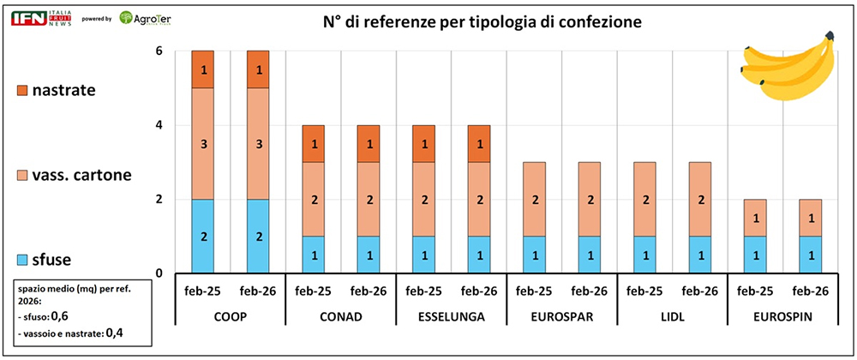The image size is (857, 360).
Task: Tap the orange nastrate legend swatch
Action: [23, 89]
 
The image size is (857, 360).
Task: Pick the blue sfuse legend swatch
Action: [23, 260]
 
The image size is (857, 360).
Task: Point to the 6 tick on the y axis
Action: [159, 51]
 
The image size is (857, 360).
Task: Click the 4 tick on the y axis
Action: [159, 125]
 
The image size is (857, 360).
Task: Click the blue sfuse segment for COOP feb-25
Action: [202, 237]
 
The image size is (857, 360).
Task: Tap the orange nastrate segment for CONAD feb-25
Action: [313, 144]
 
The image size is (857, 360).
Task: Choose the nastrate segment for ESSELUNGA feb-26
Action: [480, 144]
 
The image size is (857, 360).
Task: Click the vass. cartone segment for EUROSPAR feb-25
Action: [536, 200]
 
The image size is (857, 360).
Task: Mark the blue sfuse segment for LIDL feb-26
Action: [703, 255]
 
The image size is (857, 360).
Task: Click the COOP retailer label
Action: [230, 317]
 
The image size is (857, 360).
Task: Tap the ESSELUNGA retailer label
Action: [452, 317]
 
